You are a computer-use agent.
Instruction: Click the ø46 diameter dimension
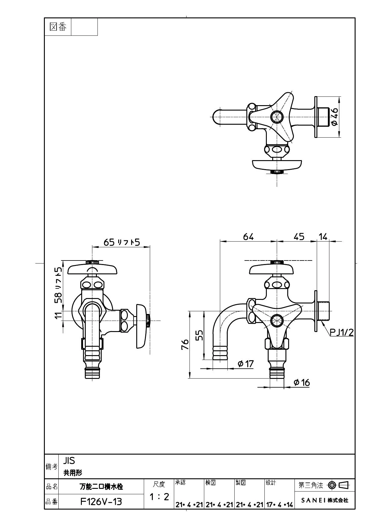tap(334, 117)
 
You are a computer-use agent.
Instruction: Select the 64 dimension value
tap(248, 237)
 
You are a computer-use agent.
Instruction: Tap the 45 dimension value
tap(299, 237)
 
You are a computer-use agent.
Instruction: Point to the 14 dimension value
tap(323, 237)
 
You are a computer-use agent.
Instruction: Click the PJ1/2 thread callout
tap(342, 332)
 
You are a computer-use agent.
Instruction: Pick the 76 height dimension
tap(185, 344)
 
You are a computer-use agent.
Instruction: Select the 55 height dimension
tap(199, 335)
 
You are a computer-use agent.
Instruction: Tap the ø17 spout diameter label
tap(246, 364)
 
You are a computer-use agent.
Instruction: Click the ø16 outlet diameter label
tap(302, 382)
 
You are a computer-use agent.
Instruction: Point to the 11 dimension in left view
tap(58, 315)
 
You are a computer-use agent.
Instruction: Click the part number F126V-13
tap(101, 502)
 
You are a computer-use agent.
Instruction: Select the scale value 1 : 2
tap(159, 497)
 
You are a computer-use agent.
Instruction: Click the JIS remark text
tap(69, 461)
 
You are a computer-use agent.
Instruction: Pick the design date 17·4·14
tap(279, 505)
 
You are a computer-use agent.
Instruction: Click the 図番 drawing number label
tap(58, 27)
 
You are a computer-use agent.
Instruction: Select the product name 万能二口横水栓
tap(101, 486)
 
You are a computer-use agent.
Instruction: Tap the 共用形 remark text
tap(73, 473)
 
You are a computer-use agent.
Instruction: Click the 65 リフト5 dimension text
tap(122, 242)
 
